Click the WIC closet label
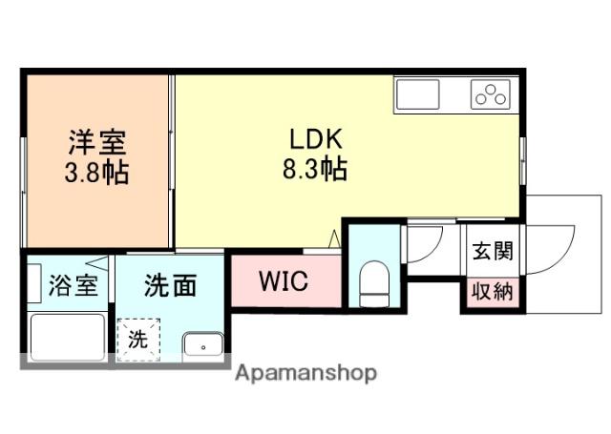(x=283, y=283)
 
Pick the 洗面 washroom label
(x=172, y=284)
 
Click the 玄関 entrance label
(x=493, y=252)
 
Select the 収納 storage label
(x=493, y=292)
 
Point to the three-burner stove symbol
(x=491, y=94)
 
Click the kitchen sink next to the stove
(x=417, y=94)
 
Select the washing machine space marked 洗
(x=137, y=339)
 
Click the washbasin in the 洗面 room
(x=202, y=345)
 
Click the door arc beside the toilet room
(x=422, y=243)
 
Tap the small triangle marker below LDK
(x=334, y=239)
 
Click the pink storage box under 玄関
(x=493, y=292)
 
